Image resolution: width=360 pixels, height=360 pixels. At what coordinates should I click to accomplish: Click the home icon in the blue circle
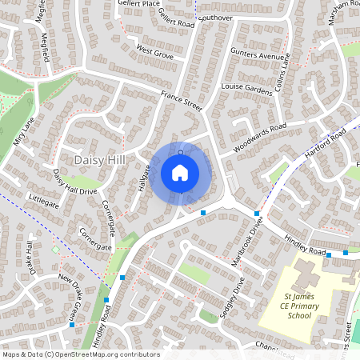click(180, 172)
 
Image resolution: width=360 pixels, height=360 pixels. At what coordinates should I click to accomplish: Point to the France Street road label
click(182, 101)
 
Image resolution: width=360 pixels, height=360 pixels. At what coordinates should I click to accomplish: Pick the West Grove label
click(154, 53)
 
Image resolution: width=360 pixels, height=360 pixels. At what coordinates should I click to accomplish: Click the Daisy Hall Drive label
click(74, 186)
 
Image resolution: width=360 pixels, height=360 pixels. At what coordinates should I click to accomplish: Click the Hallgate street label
click(143, 178)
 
